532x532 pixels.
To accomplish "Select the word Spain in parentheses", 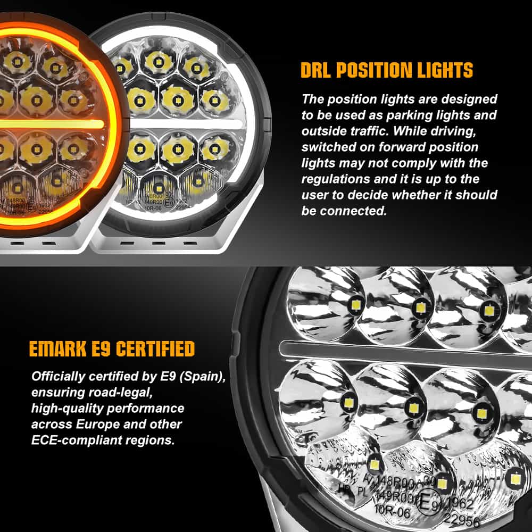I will (x=203, y=377).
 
